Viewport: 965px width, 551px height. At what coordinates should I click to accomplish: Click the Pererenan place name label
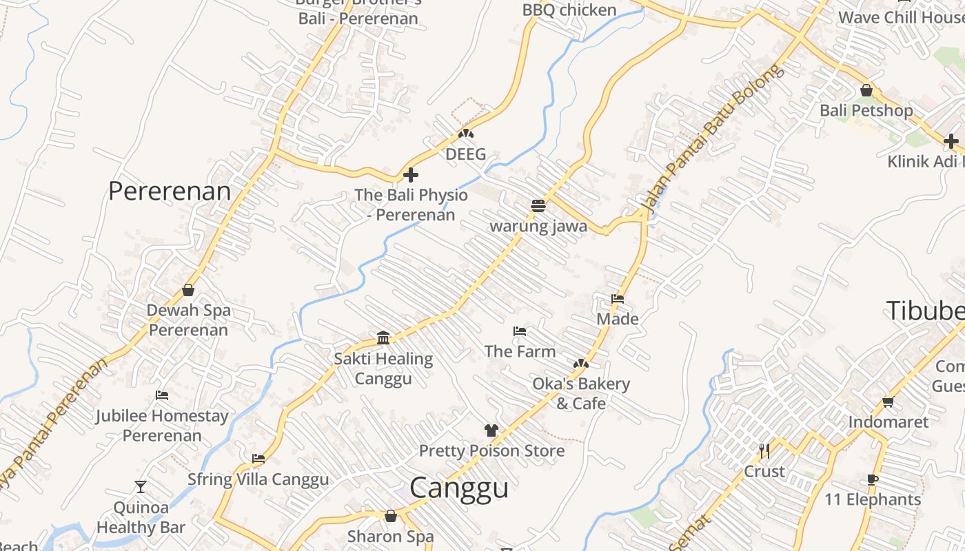coord(170,191)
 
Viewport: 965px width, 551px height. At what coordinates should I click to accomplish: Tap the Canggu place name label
coord(459,488)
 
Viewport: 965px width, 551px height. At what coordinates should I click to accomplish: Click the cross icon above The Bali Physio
coord(411,175)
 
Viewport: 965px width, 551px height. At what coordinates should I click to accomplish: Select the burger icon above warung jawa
coord(538,206)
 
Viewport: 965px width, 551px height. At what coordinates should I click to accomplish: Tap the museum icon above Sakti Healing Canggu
coord(383,338)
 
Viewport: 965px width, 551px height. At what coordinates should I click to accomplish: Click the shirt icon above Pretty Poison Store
coord(491,430)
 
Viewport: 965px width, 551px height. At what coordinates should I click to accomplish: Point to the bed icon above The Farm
coord(520,331)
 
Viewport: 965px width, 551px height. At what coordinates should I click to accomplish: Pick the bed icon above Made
coord(618,299)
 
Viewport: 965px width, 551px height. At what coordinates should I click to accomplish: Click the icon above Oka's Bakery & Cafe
coord(581,363)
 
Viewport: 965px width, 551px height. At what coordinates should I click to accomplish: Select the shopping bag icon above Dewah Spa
coord(188,290)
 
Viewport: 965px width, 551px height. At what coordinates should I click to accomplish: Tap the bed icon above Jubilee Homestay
coord(162,395)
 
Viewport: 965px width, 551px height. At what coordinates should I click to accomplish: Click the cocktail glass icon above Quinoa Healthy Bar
coord(141,487)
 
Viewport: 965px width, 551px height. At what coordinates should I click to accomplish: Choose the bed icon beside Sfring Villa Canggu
coord(258,459)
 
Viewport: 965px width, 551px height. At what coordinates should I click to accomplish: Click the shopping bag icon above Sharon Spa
coord(391,516)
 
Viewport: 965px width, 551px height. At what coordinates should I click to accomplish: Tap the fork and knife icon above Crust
coord(764,451)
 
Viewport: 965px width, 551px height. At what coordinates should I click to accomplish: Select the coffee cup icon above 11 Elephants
coord(873,479)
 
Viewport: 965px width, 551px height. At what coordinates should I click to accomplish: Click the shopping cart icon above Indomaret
coord(888,402)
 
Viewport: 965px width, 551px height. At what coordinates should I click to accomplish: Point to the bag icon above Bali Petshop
coord(866,90)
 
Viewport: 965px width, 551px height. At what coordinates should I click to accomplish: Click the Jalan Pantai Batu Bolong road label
coord(713,138)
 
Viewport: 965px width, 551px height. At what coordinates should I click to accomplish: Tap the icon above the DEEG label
coord(466,134)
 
